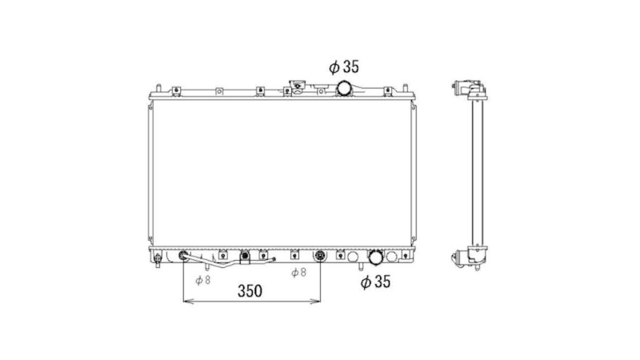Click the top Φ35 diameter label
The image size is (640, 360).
(x=344, y=67)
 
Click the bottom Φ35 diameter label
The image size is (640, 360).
(x=375, y=282)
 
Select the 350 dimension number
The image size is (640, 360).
(x=250, y=291)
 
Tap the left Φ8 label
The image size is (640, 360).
(x=203, y=280)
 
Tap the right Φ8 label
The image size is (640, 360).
(x=298, y=272)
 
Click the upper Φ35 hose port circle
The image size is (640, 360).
(x=344, y=88)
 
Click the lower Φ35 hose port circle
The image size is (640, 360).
(x=375, y=257)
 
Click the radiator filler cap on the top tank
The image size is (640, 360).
(x=297, y=86)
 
